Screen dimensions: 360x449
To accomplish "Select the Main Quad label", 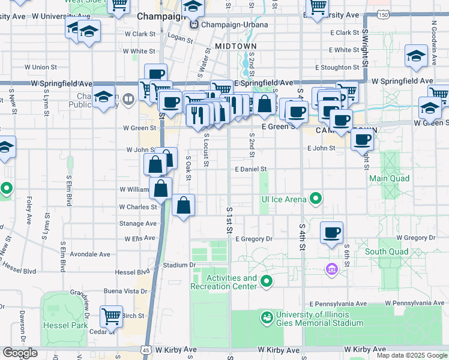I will tap(389, 178).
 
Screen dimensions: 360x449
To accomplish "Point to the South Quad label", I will tap(387, 251).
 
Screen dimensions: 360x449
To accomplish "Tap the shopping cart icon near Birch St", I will tap(111, 316).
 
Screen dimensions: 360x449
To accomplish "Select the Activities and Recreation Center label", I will tap(223, 282).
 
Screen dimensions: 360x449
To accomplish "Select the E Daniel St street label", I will tap(250, 169).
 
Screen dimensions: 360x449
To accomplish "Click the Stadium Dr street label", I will tap(179, 265).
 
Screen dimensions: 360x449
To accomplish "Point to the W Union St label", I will tap(40, 67).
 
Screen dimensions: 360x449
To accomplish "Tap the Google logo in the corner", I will tap(20, 353).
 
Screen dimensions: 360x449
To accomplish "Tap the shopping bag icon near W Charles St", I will tap(184, 206).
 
